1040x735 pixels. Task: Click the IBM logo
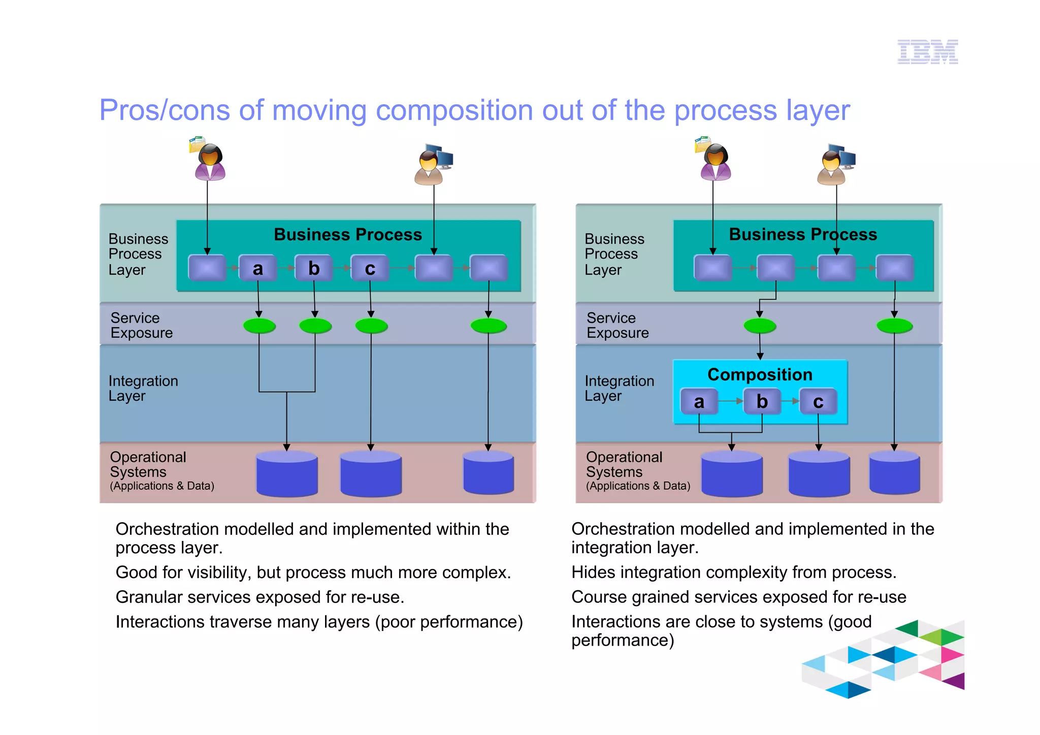point(927,52)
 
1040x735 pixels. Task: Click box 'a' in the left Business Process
point(258,268)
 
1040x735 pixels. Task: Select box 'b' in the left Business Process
point(314,268)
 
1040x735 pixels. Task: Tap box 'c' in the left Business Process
point(370,268)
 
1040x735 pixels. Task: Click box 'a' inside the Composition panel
point(699,402)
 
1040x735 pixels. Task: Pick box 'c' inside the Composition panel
point(818,402)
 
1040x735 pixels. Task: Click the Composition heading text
point(760,375)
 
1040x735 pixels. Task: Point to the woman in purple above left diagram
point(209,162)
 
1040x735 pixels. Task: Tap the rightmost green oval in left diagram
point(489,326)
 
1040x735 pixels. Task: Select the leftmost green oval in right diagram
point(760,326)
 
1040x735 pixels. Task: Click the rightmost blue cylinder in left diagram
point(489,472)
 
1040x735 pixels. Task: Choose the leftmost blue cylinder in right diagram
point(732,473)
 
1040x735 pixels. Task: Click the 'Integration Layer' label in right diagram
point(619,388)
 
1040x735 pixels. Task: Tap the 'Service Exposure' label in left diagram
point(141,325)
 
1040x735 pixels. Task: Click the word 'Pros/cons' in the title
point(164,110)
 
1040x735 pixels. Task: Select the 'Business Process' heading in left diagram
point(348,235)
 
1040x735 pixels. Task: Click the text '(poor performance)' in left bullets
point(449,622)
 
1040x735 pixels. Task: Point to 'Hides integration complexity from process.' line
point(733,572)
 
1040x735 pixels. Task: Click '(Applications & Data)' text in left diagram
point(162,486)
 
